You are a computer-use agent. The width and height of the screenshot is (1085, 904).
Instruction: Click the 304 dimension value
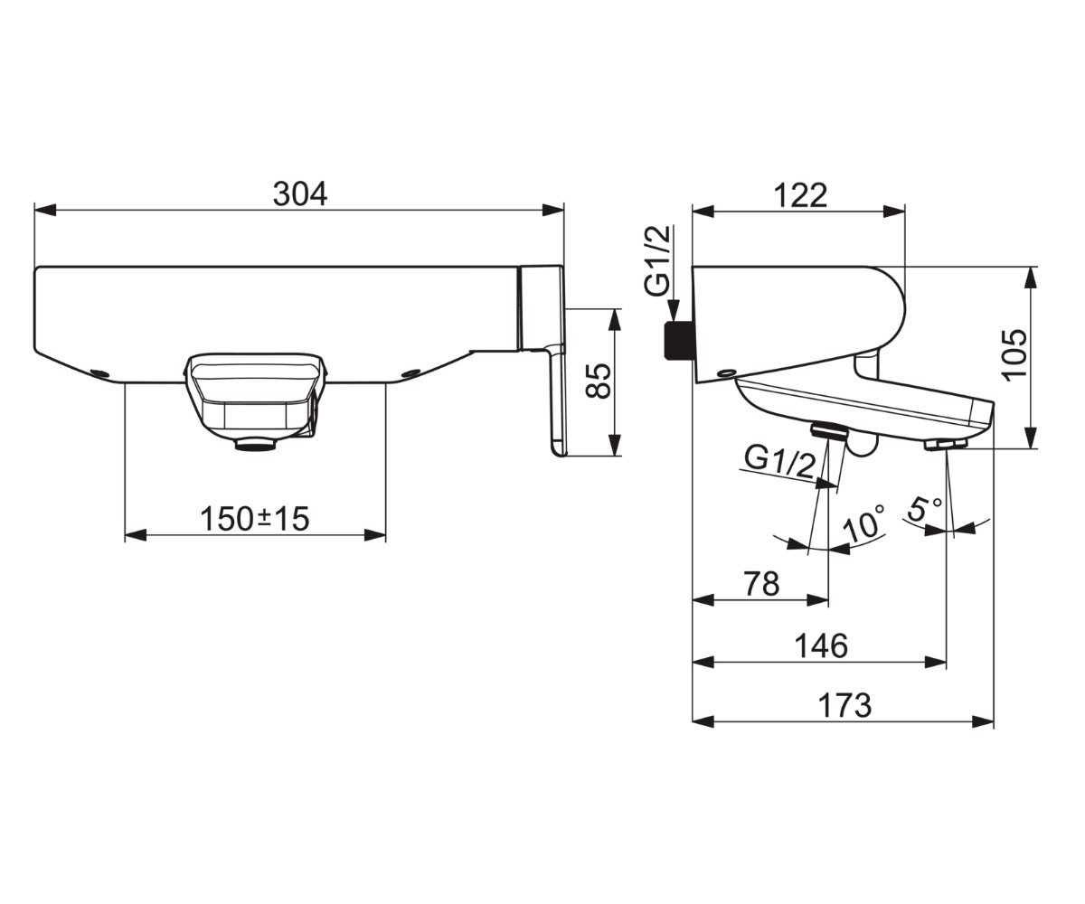300,193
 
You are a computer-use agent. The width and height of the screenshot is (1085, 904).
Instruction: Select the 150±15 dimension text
255,519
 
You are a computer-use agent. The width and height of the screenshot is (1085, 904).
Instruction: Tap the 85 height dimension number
598,381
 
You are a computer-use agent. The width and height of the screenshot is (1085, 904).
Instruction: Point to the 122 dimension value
800,196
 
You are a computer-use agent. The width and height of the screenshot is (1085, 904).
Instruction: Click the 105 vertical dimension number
1014,355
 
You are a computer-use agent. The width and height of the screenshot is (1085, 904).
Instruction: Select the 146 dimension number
821,645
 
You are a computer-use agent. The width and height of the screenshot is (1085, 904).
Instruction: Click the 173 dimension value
844,705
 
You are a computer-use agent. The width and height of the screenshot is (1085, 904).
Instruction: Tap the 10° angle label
863,523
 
